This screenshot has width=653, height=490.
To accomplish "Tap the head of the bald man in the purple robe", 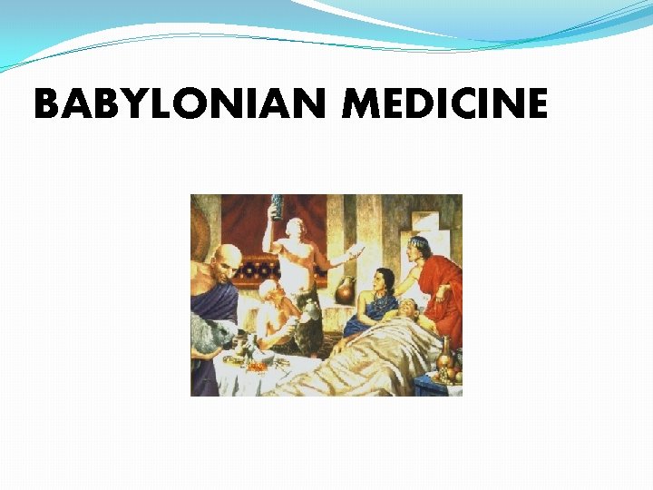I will coord(226,258).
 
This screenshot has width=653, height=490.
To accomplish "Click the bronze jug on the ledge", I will coord(345,290).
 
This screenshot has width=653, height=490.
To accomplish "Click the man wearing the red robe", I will coord(440,286).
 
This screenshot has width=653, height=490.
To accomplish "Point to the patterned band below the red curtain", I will coord(263,269).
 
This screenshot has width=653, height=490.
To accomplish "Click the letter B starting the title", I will coord(46,105).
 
